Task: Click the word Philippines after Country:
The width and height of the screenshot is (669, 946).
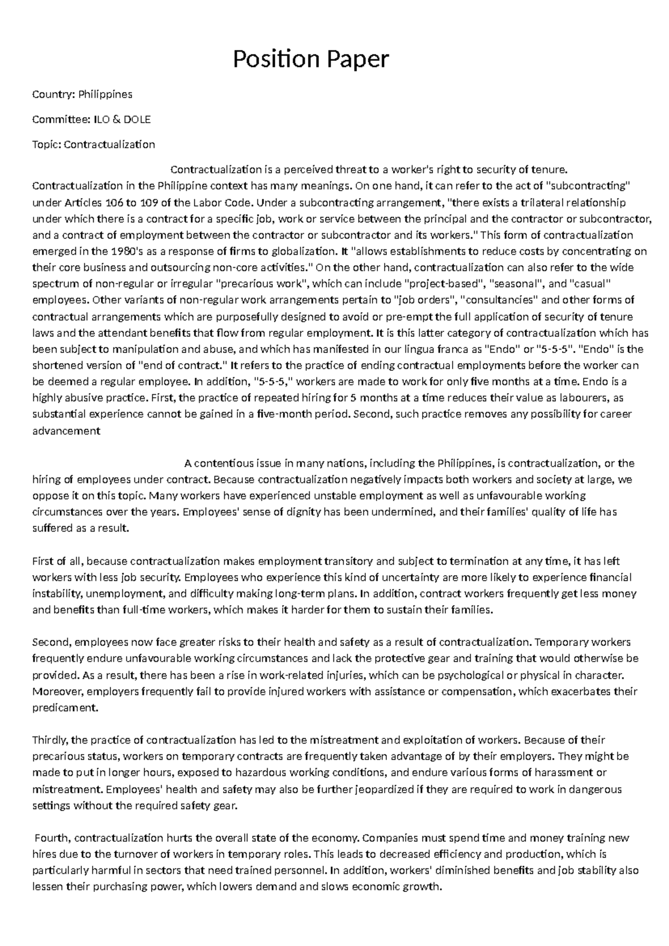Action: pyautogui.click(x=105, y=94)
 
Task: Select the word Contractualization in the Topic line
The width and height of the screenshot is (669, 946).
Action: pyautogui.click(x=109, y=144)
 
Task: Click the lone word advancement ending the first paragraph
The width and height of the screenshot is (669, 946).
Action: pyautogui.click(x=66, y=431)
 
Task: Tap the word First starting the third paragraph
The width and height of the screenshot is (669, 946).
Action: pyautogui.click(x=42, y=561)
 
